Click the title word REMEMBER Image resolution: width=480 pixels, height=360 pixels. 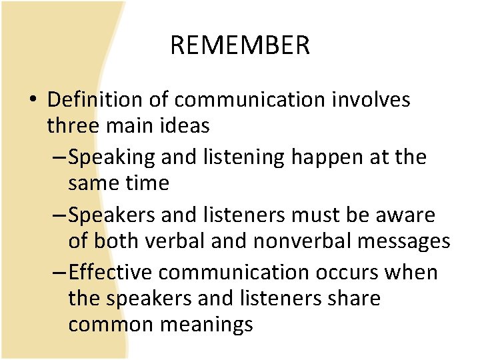coord(240,45)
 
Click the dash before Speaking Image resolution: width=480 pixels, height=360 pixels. coord(59,158)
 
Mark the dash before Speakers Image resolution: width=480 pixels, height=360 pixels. coord(59,216)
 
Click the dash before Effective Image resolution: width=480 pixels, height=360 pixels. coord(59,273)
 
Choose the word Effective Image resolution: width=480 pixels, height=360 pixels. coord(111,273)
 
